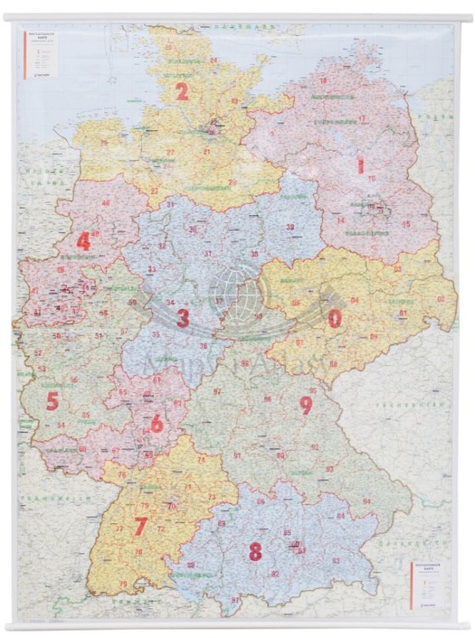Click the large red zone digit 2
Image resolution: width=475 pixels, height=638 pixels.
[x=182, y=92]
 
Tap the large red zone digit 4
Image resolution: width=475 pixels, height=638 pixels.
[x=83, y=242]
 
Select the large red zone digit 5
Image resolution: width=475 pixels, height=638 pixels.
[x=53, y=401]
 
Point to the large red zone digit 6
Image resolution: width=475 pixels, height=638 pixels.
[x=156, y=423]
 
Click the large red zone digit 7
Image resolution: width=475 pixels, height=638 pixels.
[x=140, y=527]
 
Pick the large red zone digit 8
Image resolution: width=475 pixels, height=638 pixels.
[x=255, y=551]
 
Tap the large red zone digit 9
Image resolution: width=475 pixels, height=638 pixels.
[x=305, y=406]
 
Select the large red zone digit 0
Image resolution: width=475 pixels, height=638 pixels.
[x=335, y=318]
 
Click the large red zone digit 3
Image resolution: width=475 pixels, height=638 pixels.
[x=182, y=319]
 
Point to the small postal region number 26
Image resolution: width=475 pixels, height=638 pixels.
[x=104, y=143]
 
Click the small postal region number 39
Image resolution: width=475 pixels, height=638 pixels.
[x=290, y=227]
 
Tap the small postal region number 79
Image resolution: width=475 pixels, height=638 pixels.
[x=123, y=584]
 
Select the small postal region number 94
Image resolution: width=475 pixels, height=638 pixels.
[x=366, y=501]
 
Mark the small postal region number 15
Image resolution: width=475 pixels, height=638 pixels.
[x=406, y=224]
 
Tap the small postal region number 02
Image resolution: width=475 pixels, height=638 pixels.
[x=440, y=299]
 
